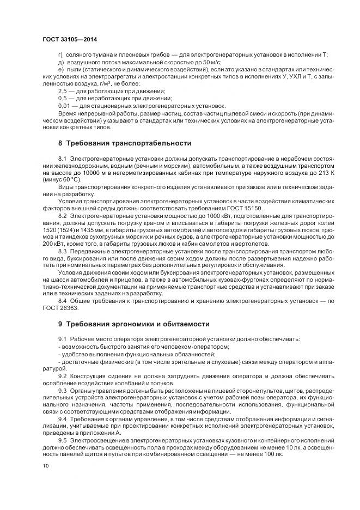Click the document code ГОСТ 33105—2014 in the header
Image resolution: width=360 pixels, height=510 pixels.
click(x=65, y=39)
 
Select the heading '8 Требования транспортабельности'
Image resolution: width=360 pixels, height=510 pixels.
click(x=124, y=143)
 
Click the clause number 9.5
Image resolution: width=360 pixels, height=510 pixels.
click(x=62, y=439)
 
